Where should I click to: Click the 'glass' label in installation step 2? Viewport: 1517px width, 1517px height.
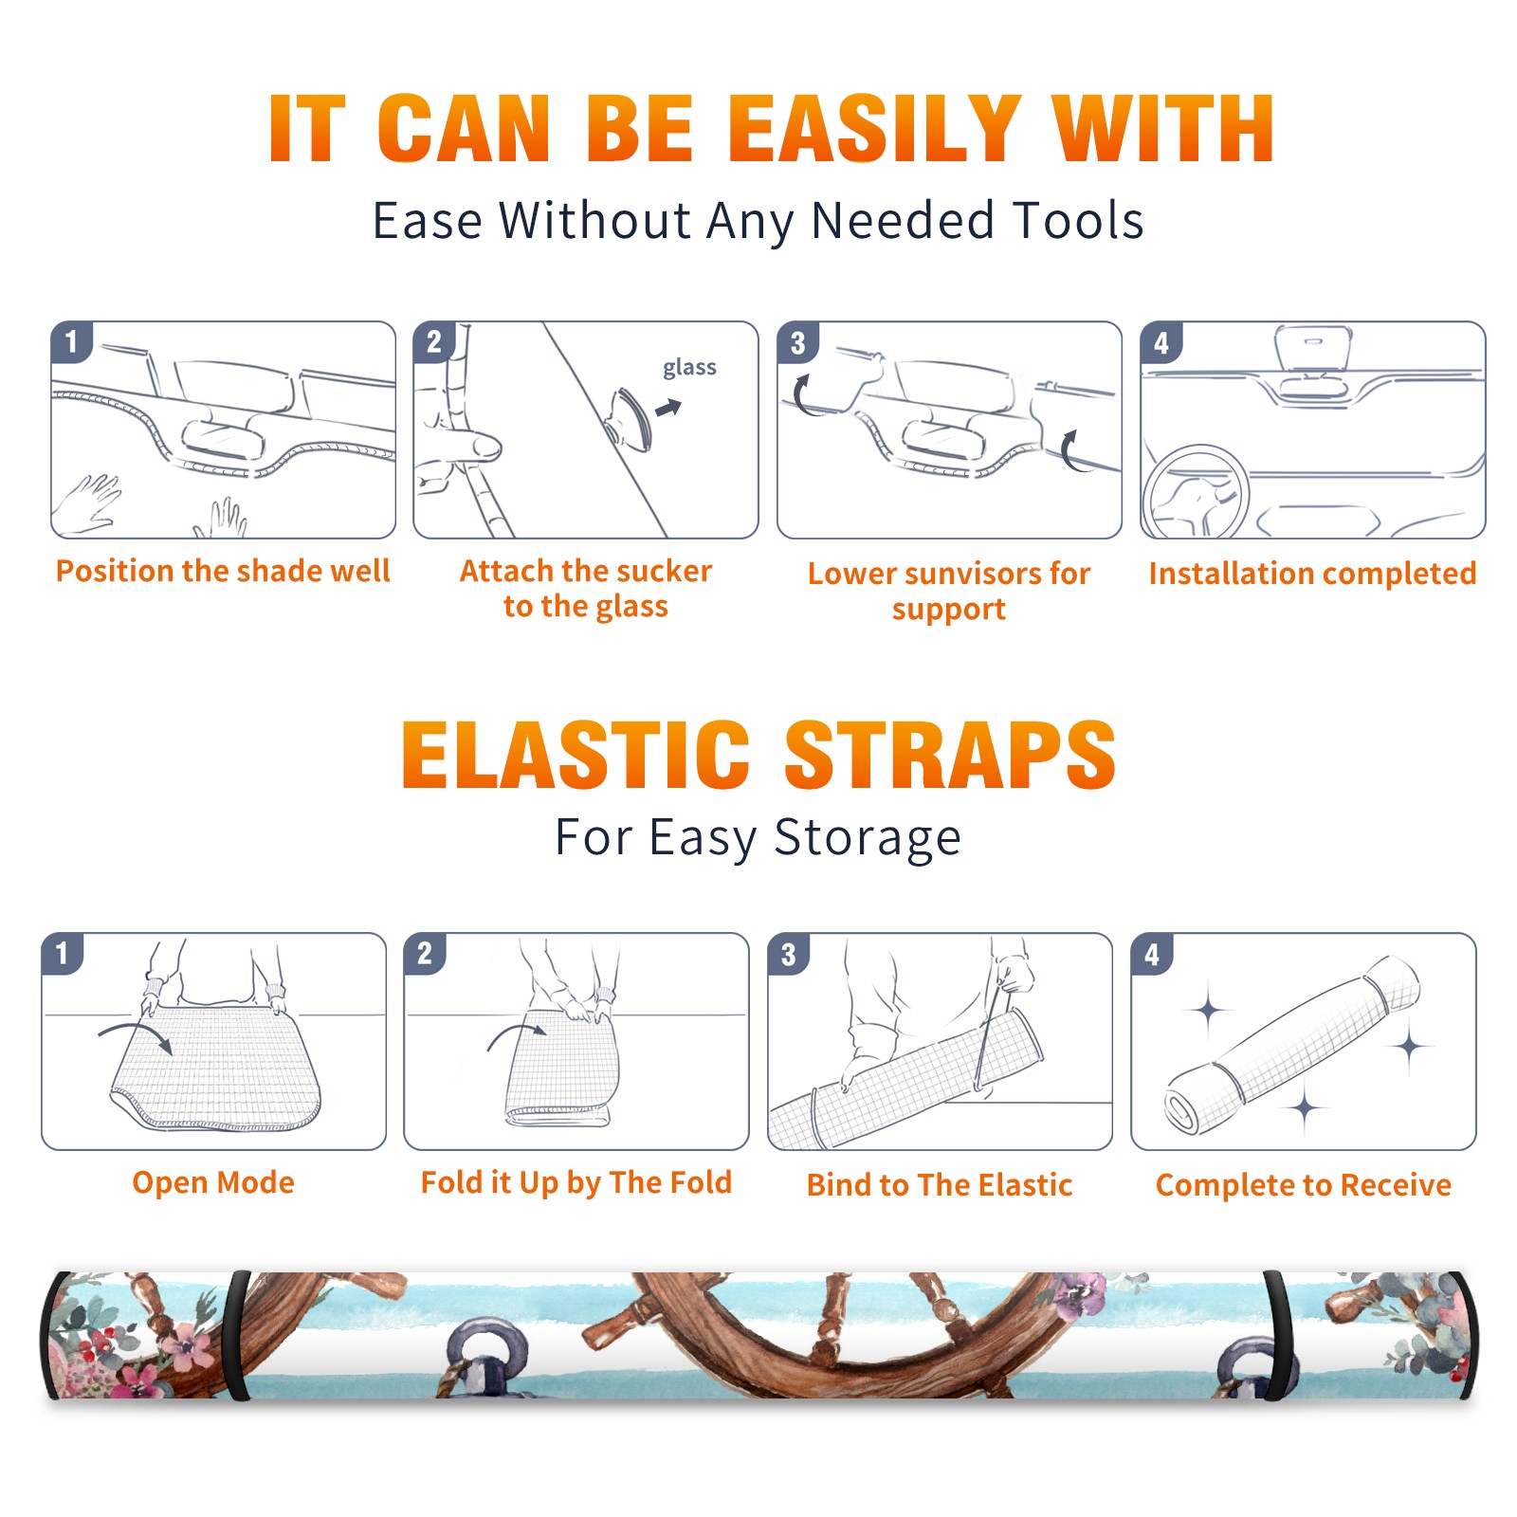689,367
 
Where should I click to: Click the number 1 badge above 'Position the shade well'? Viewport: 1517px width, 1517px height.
71,341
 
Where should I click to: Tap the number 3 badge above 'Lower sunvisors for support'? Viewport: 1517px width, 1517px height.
797,341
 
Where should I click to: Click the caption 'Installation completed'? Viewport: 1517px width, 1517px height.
1312,573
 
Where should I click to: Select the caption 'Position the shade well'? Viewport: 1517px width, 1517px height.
223,571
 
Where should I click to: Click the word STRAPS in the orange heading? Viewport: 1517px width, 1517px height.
950,755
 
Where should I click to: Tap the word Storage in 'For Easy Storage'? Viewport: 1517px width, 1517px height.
868,838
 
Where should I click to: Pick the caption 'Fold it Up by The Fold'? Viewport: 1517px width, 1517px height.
576,1182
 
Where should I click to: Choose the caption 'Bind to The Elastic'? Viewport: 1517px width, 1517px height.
940,1185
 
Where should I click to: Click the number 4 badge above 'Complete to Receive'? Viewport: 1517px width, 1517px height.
1152,954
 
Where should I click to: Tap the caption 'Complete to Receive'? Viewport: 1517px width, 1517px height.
1304,1185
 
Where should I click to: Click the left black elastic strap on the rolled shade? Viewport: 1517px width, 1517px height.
238,1335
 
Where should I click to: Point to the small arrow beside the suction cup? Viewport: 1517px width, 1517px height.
668,408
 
